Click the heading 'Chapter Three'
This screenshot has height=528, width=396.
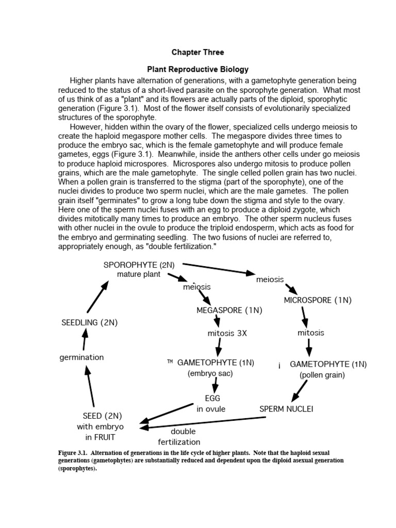pos(197,52)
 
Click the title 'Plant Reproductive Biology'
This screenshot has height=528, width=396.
pos(198,69)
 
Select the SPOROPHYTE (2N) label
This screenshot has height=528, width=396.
pos(139,265)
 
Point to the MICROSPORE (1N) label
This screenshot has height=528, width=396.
pos(318,300)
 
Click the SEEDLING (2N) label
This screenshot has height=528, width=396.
pos(90,322)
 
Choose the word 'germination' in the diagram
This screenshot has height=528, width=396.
pos(81,357)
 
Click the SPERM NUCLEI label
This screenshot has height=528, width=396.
pos(286,409)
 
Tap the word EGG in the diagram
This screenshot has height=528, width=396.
pos(211,398)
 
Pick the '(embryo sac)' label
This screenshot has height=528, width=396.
pos(210,373)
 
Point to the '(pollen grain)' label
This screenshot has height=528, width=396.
pos(322,375)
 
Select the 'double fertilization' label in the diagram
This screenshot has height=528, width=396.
pos(179,437)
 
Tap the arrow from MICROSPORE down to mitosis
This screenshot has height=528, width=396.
pos(304,316)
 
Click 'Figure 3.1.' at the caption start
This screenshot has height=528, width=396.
pos(73,453)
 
